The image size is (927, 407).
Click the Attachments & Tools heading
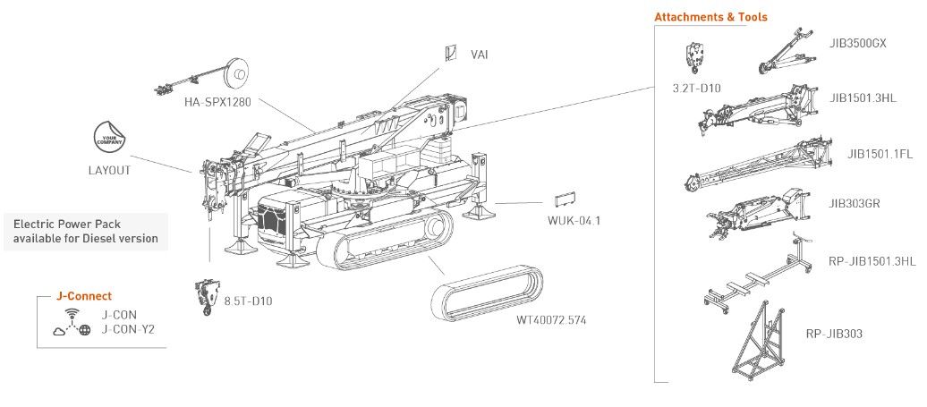click(x=710, y=16)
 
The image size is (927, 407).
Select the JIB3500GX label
click(x=858, y=43)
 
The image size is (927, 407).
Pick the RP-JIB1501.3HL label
click(x=872, y=261)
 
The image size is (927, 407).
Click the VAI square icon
click(x=450, y=53)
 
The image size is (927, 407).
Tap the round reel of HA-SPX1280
click(x=238, y=72)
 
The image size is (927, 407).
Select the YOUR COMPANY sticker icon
click(x=109, y=136)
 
